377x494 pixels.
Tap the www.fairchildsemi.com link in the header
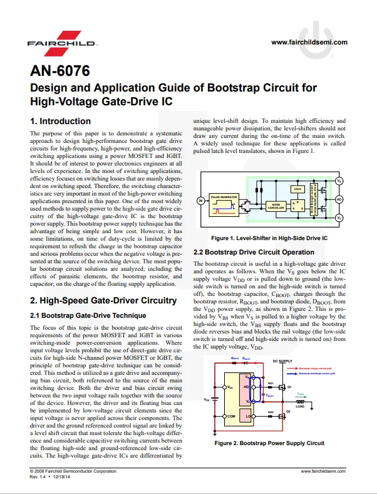(309, 42)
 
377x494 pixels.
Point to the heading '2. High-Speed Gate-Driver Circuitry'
(103, 300)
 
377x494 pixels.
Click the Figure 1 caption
(269, 238)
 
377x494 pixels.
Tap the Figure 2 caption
(269, 443)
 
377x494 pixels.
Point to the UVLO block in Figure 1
(297, 188)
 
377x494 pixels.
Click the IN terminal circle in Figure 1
(200, 201)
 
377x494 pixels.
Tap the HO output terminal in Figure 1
(339, 199)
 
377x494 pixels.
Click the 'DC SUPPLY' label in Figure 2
(282, 362)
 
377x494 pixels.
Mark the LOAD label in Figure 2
(300, 406)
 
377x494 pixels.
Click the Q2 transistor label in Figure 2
(289, 412)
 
